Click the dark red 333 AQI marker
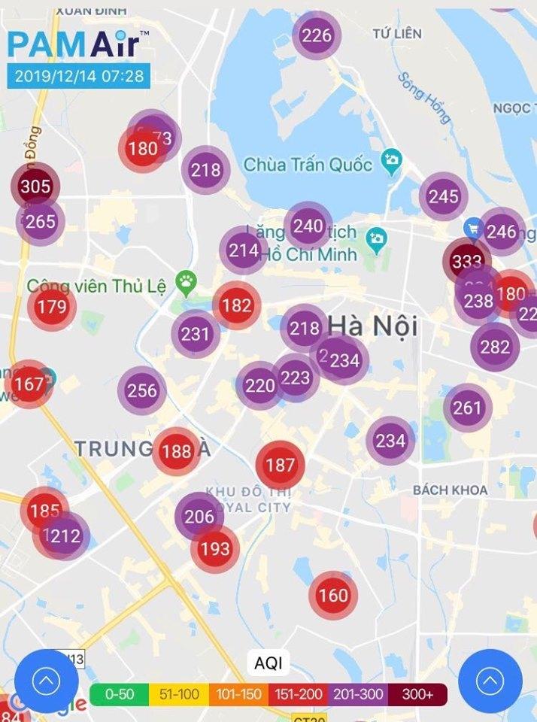coord(466,262)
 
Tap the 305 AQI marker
coord(35,187)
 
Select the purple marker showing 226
coord(317,35)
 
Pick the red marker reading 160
coord(333,596)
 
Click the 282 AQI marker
coord(495,347)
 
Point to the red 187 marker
coord(281,466)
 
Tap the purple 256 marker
coord(142,390)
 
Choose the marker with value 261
coord(467,408)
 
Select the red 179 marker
coord(52,306)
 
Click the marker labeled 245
coord(444,197)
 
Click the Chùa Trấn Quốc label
coord(308,164)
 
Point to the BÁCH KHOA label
coord(450,490)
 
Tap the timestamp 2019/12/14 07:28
coord(78,76)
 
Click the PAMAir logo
coord(74,44)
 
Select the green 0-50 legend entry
coord(119,695)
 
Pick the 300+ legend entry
coord(417,695)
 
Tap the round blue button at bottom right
coord(490,681)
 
